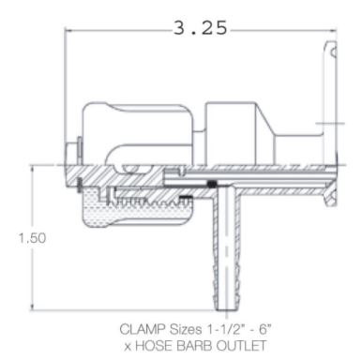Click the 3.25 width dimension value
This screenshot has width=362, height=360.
coord(200,28)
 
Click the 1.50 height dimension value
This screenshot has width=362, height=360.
coord(32,238)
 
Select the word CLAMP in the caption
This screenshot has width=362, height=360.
coord(143,329)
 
